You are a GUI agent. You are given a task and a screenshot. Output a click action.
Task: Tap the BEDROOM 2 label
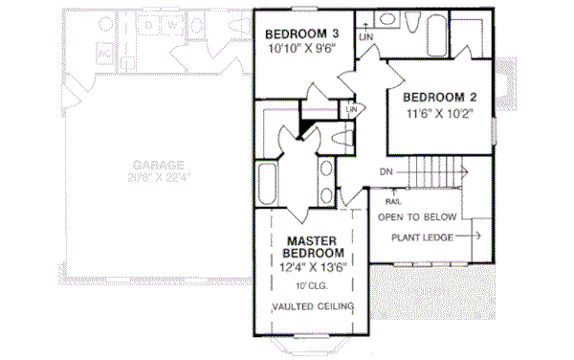tap(439, 98)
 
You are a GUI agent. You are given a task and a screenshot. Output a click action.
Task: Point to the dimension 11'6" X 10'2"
tap(439, 114)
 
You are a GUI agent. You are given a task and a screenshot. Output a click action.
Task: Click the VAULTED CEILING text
tap(312, 306)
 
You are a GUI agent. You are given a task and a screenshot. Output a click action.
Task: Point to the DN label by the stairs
tap(386, 172)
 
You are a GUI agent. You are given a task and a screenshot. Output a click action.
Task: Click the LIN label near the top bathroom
tap(364, 36)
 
